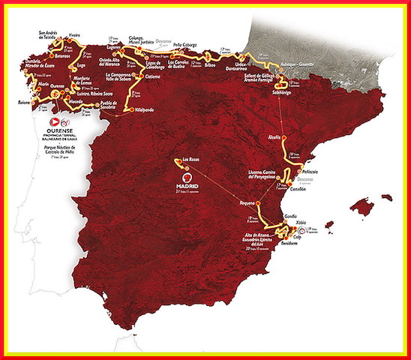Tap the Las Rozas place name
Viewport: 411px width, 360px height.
(190, 159)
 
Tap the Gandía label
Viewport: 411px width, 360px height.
(290, 216)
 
